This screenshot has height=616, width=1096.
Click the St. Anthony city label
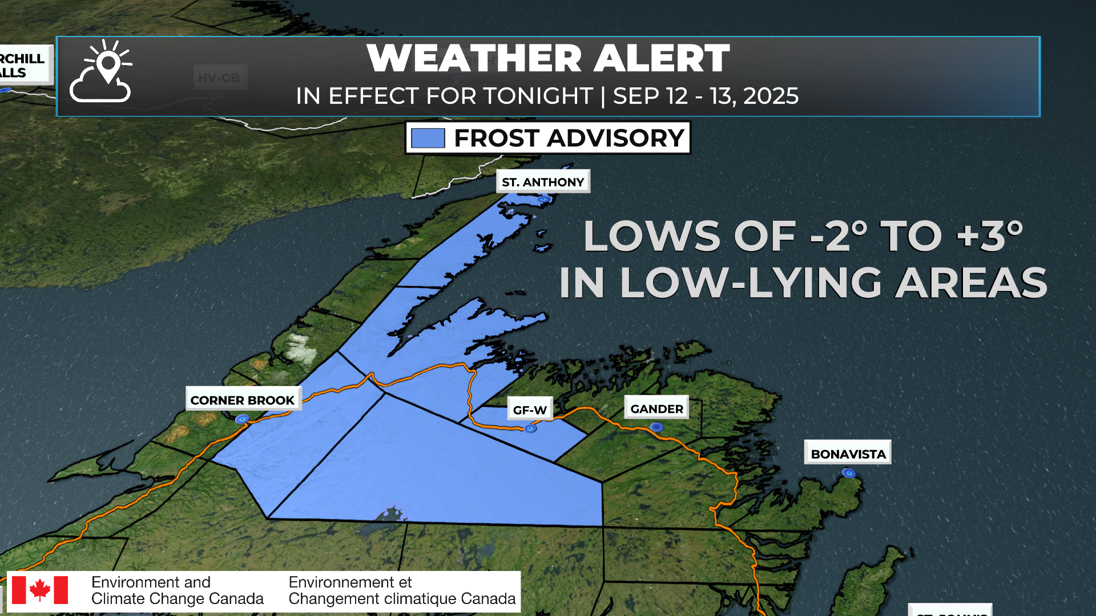[543, 182]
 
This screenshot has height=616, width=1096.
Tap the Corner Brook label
[243, 400]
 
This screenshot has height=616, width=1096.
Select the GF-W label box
[530, 410]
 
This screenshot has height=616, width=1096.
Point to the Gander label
[656, 408]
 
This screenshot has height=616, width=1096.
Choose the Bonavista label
[848, 453]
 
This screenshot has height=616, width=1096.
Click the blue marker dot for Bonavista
[849, 473]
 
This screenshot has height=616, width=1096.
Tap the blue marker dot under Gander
[657, 427]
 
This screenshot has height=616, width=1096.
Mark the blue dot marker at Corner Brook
[242, 419]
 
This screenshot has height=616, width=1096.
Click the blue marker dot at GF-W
[530, 428]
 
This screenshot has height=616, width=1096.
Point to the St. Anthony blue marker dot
[544, 199]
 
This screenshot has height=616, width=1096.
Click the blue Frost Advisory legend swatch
[428, 138]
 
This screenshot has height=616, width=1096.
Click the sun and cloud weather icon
[101, 71]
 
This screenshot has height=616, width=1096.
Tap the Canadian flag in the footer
[40, 590]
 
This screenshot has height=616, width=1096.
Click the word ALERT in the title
[662, 58]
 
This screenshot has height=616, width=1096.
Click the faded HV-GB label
[219, 78]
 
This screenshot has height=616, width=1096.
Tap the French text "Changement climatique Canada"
[402, 599]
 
